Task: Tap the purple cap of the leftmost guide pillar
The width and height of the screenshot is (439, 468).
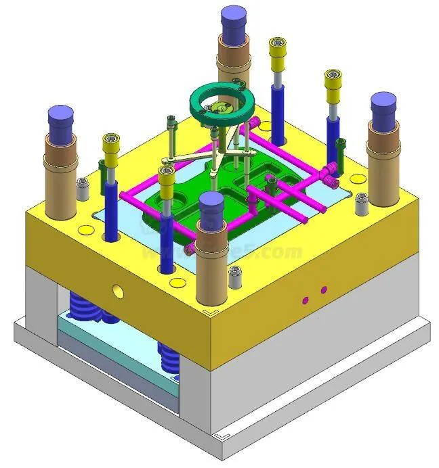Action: pyautogui.click(x=62, y=119)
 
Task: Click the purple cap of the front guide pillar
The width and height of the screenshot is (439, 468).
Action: pyautogui.click(x=211, y=203)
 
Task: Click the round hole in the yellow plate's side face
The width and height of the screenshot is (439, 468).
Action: pyautogui.click(x=118, y=291)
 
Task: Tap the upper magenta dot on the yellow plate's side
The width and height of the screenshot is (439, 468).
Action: pyautogui.click(x=324, y=290)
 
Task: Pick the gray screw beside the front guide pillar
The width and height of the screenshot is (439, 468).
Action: pyautogui.click(x=236, y=274)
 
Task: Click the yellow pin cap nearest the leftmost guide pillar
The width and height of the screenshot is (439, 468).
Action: pyautogui.click(x=111, y=143)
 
